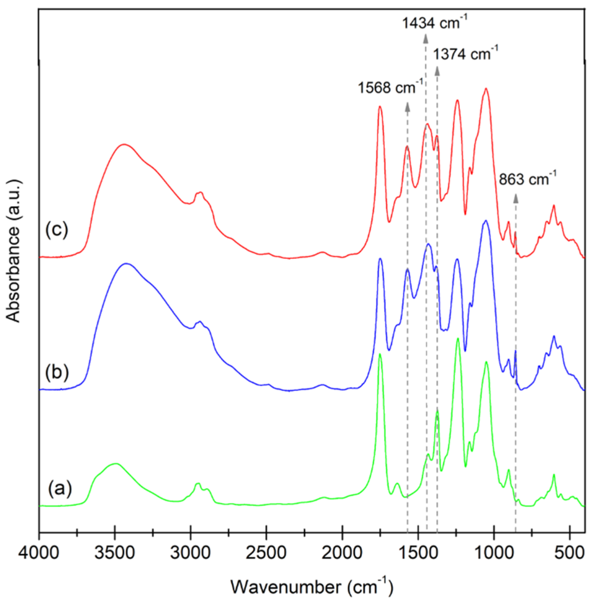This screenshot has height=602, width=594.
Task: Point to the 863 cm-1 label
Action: [x=527, y=180]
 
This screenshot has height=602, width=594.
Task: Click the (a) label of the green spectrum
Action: [x=60, y=488]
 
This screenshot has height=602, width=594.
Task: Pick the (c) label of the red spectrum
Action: [x=57, y=230]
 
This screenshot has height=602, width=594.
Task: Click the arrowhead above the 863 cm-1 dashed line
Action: [x=516, y=198]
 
